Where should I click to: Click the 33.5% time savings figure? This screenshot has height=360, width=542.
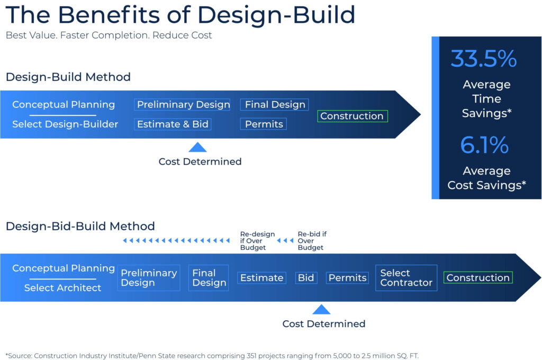point(483,59)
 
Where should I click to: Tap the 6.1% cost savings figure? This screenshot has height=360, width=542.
point(484,145)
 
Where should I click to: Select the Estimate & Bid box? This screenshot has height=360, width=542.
point(173,124)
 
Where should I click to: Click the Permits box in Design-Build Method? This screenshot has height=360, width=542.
point(264,124)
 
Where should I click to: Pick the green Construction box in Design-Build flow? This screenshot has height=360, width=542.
point(352,116)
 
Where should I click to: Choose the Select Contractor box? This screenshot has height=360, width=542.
point(406,278)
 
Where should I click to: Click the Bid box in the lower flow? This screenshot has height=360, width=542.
point(306,278)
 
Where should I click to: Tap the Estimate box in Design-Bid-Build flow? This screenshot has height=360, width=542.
point(261,278)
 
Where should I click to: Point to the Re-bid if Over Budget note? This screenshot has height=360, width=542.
point(311,241)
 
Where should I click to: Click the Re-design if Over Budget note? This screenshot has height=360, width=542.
point(257,241)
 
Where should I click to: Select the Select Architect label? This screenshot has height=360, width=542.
point(62,288)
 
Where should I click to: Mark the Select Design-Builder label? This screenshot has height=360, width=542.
point(65,124)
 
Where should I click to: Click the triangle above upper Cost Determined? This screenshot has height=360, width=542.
point(197,147)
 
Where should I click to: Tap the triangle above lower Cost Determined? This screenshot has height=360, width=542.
point(321,309)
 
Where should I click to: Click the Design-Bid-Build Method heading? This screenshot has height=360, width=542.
point(80,227)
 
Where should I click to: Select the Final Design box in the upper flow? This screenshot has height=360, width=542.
point(275,105)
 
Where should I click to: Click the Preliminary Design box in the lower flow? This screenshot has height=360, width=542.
point(149,278)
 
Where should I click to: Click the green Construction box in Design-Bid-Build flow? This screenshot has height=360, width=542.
point(478,278)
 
